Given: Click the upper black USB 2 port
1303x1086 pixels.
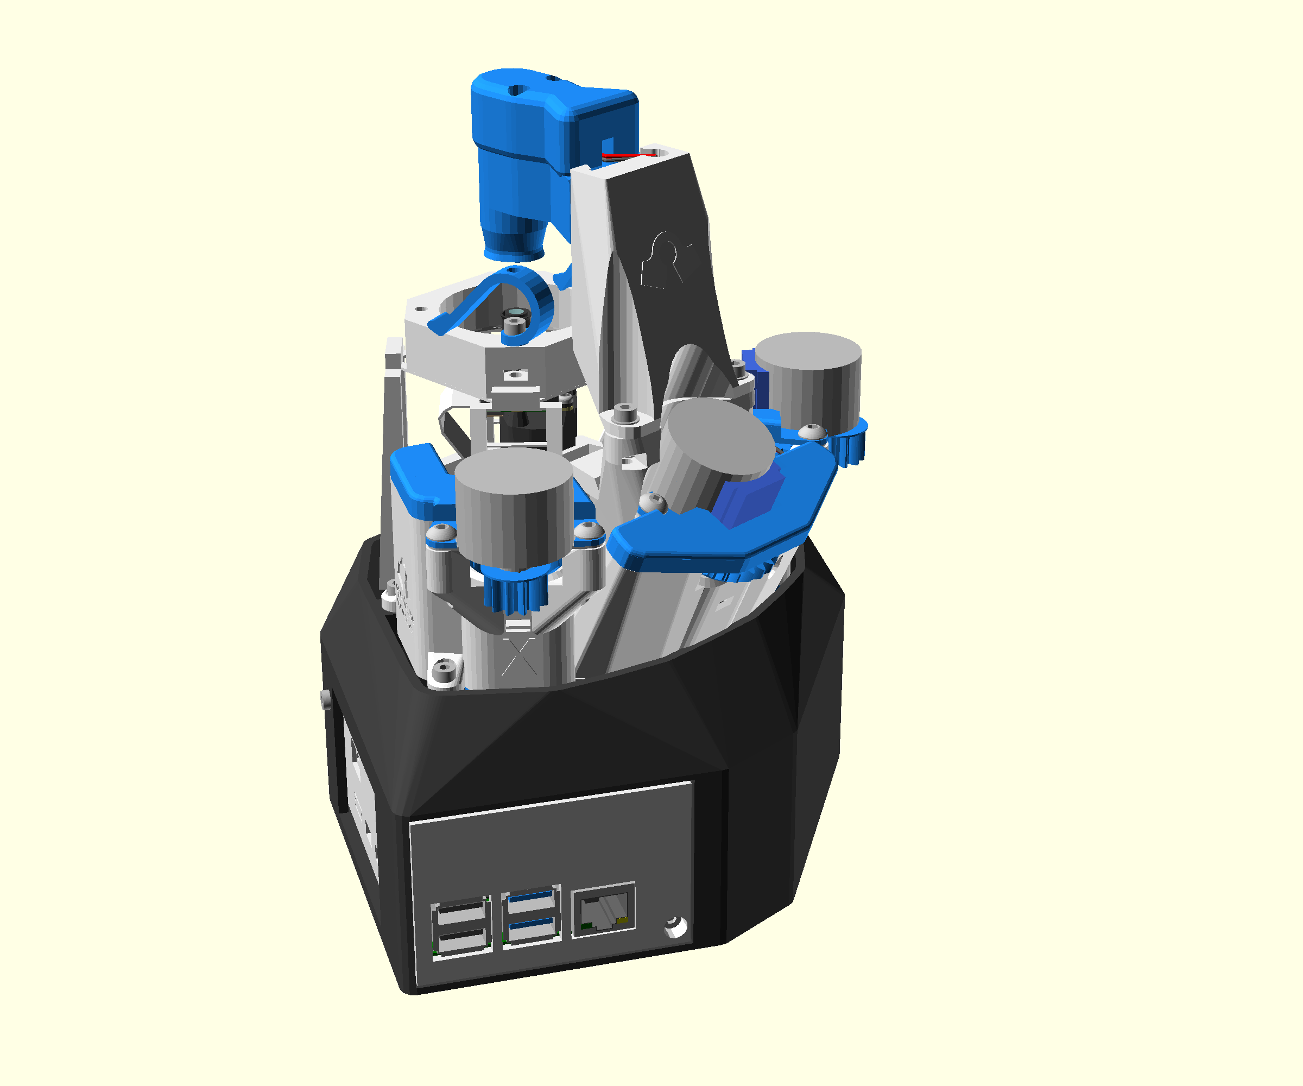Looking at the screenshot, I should click(x=460, y=912).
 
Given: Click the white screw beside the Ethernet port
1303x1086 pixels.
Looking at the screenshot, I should click(x=676, y=927).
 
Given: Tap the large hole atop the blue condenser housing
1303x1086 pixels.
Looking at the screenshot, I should click(x=514, y=91).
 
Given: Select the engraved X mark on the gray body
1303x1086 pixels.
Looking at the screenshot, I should click(x=520, y=656).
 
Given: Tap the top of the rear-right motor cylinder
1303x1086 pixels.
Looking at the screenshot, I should click(x=808, y=350).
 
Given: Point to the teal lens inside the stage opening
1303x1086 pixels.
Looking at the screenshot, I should click(x=514, y=310).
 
